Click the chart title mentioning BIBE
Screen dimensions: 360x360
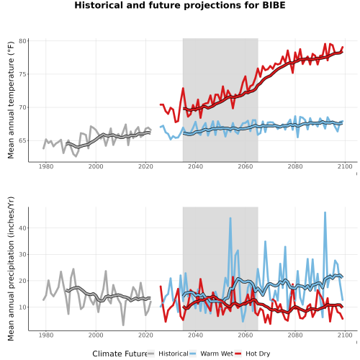point(180,5)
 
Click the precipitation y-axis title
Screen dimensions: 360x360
point(11,269)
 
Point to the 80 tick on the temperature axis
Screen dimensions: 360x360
point(22,41)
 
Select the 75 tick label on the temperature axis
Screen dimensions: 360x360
point(22,74)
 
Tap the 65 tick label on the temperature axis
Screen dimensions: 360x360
point(22,140)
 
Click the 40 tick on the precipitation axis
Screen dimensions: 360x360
point(22,228)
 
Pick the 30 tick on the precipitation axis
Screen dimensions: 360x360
point(22,254)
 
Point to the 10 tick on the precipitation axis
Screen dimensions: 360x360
point(22,307)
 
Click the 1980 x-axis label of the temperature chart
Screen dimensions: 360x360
point(46,166)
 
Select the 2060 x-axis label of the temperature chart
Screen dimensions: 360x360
point(246,166)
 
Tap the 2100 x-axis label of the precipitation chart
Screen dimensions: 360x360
point(345,335)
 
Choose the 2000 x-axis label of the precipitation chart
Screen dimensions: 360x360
point(96,335)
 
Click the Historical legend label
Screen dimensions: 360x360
point(174,354)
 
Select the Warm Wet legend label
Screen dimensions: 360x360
point(217,354)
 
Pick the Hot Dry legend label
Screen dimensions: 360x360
point(258,354)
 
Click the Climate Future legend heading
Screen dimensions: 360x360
point(120,354)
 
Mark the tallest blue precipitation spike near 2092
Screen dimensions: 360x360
point(325,212)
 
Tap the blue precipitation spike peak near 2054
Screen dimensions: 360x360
point(230,218)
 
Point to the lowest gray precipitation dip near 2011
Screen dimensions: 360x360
point(123,325)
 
